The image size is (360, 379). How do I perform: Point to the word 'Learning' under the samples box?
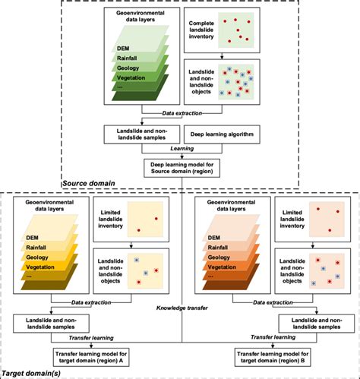click(x=179, y=150)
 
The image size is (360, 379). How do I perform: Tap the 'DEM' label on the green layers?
click(x=124, y=48)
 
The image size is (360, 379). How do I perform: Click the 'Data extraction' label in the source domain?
click(x=179, y=116)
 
